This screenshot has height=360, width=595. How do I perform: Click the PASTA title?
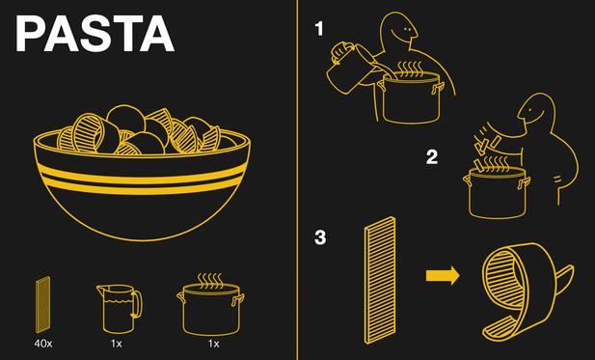tap(95, 34)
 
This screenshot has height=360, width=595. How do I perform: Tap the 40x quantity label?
tap(43, 344)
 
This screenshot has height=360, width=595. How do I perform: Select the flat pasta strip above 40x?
tap(42, 305)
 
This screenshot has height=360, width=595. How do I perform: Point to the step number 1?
tap(319, 29)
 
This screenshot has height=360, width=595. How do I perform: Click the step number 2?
tap(432, 157)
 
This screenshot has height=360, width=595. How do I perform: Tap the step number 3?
tap(320, 237)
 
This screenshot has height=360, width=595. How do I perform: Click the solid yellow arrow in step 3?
tap(443, 275)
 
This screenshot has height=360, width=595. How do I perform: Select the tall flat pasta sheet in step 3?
tap(380, 281)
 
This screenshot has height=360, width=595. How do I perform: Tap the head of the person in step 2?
tap(536, 110)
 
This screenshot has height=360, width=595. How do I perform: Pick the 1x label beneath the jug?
tap(116, 344)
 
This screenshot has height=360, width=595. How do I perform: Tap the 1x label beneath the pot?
tap(214, 344)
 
